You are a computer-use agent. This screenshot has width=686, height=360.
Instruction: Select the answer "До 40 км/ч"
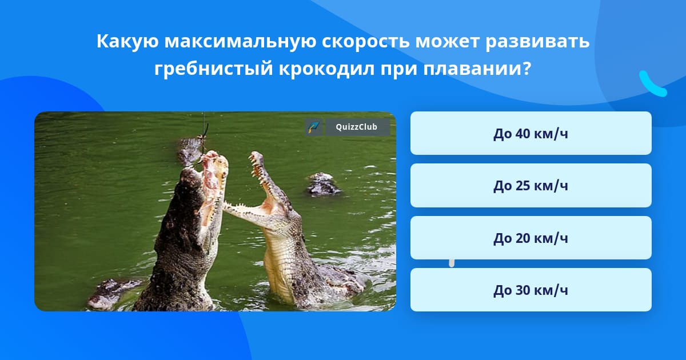click(531, 133)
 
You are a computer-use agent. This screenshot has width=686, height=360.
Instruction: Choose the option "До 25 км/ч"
click(531, 186)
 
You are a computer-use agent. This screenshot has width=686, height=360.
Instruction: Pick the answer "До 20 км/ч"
click(531, 238)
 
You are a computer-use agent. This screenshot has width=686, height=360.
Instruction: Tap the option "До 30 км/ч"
click(531, 290)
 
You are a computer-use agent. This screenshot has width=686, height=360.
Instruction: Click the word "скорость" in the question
click(366, 41)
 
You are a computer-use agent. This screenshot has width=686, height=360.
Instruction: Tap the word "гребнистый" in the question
click(213, 69)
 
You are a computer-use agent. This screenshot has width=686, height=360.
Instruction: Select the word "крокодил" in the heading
click(327, 69)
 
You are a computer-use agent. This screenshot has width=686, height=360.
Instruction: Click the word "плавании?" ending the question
click(477, 69)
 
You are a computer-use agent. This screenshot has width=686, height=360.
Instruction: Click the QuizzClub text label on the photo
click(357, 127)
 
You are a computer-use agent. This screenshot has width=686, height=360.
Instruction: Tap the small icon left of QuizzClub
click(314, 127)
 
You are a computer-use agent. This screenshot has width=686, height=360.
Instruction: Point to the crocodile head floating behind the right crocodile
click(323, 183)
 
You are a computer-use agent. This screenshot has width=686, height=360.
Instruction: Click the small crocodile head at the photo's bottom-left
click(111, 293)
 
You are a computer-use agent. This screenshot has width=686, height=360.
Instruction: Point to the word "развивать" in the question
click(537, 41)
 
